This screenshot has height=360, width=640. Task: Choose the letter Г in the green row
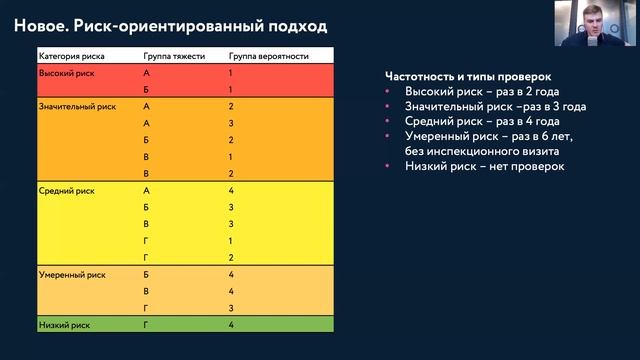point(147,324)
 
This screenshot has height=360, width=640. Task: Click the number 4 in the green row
point(231,324)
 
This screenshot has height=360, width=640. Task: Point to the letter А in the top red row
point(147,74)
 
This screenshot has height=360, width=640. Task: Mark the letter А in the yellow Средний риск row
point(147,190)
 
